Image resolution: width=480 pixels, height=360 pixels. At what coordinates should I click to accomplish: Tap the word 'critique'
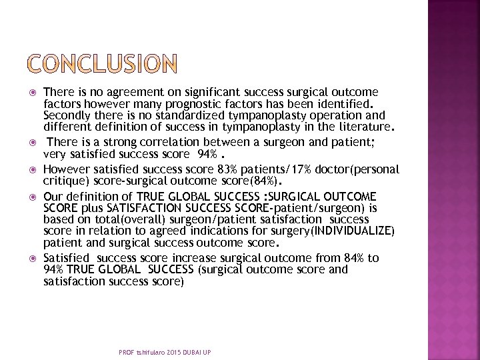65,181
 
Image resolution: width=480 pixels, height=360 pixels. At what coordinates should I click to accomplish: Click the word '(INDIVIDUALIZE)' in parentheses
356,231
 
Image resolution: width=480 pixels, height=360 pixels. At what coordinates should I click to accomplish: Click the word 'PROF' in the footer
127,352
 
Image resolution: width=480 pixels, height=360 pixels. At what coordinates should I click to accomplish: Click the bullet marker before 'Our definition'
32,197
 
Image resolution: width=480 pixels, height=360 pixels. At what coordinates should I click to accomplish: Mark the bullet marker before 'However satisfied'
32,170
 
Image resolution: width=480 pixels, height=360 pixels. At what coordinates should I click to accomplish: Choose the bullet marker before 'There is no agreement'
32,93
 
